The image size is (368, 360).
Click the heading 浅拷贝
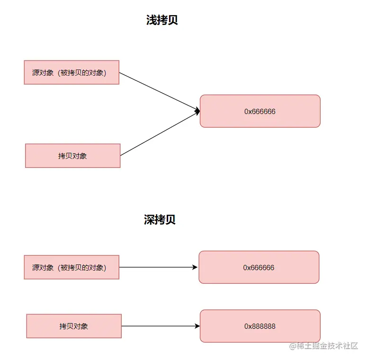162,20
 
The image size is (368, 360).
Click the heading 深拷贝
160,220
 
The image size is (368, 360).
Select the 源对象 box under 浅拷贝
72,72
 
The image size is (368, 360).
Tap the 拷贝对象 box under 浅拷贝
72,156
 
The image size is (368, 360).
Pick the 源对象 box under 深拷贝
72,267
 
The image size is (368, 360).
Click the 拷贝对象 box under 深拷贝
74,326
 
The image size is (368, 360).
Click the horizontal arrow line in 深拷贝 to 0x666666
156,267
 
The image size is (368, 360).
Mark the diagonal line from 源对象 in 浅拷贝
159,92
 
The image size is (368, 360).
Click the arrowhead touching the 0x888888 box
197,326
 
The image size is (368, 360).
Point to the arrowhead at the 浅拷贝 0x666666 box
197,112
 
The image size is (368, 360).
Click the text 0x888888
260,326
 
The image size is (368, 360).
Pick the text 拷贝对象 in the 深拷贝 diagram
74,326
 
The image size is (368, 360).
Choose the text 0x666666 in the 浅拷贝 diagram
260,112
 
